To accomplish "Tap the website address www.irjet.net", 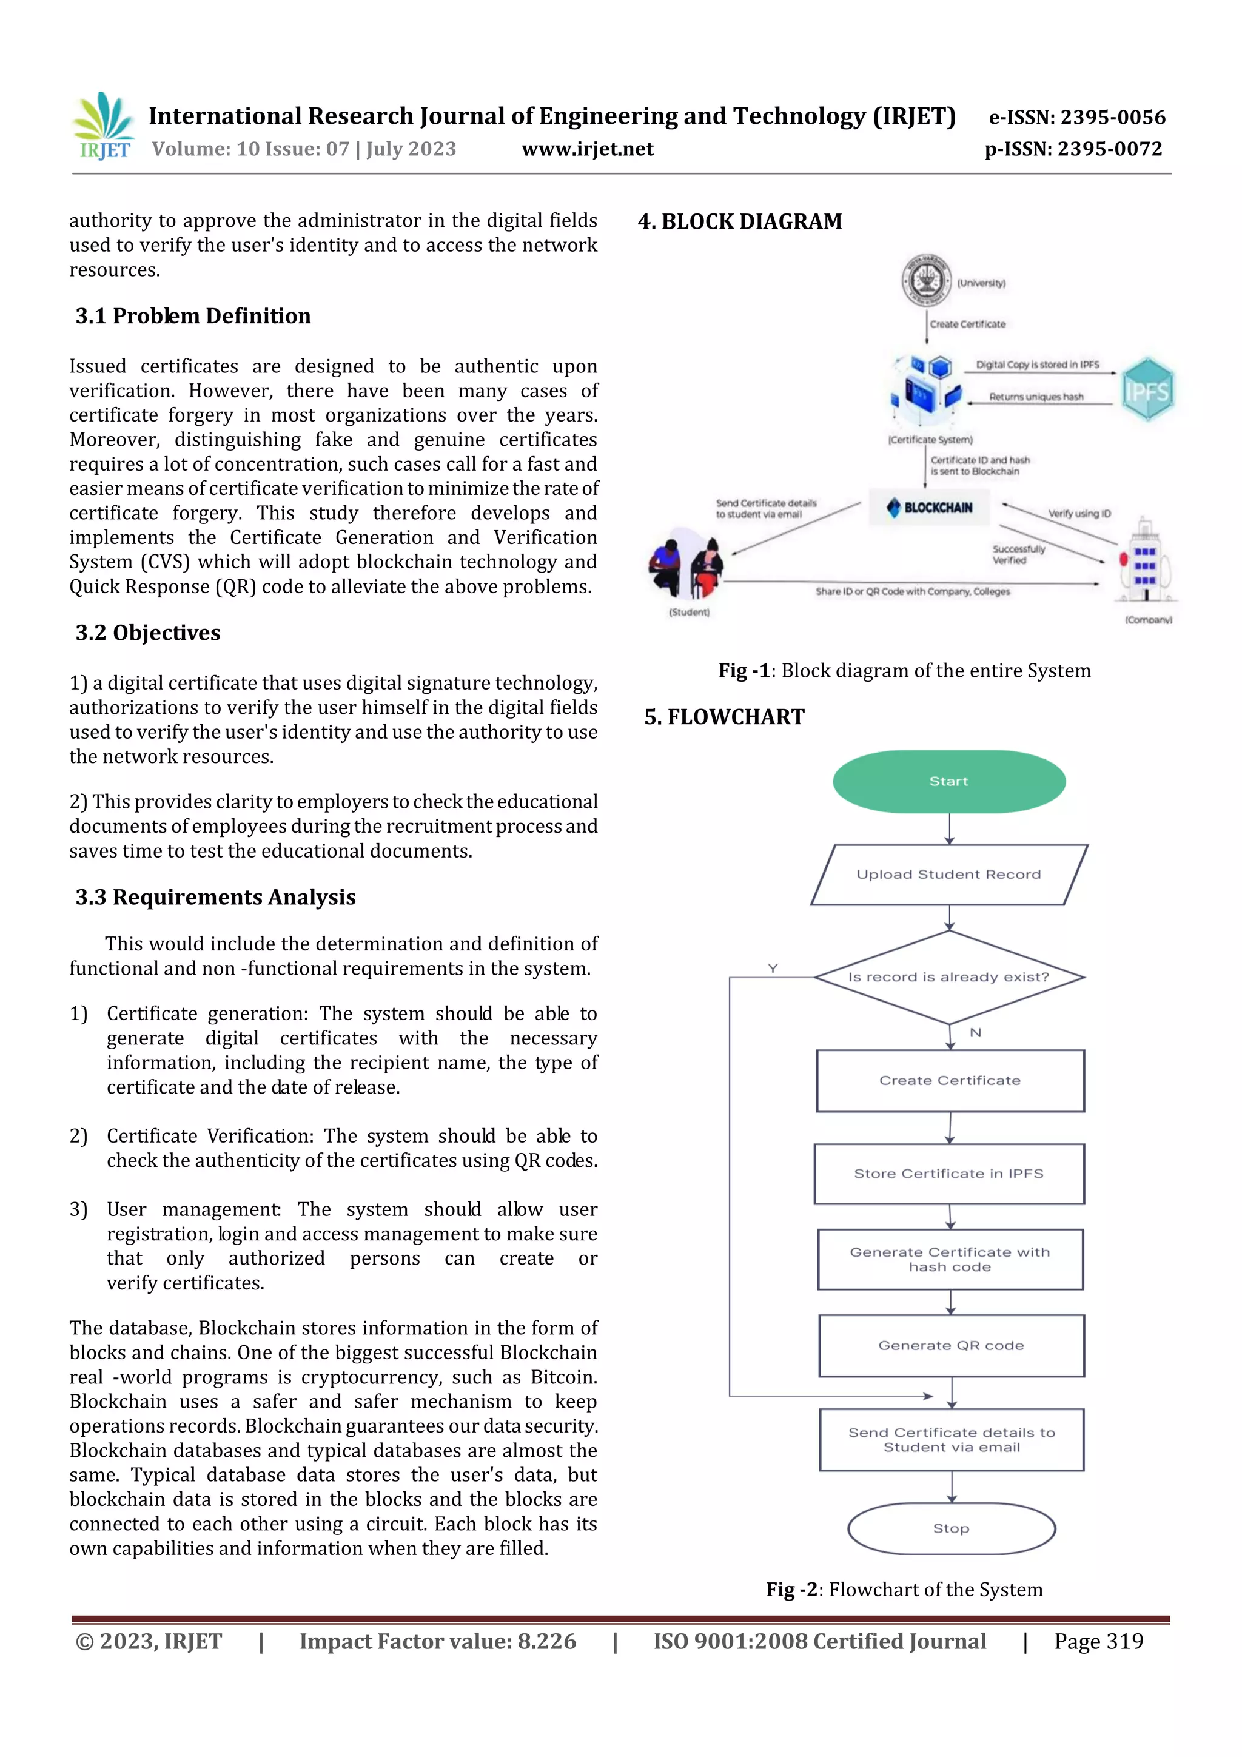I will pyautogui.click(x=587, y=149).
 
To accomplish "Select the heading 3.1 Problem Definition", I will pyautogui.click(x=193, y=316).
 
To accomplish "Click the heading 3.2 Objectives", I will pyautogui.click(x=148, y=633).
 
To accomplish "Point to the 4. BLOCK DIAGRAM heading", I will pyautogui.click(x=739, y=222).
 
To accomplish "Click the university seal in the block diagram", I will pyautogui.click(x=926, y=281).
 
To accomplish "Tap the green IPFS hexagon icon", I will pyautogui.click(x=1147, y=389).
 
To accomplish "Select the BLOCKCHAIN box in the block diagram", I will pyautogui.click(x=930, y=508).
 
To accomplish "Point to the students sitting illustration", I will pyautogui.click(x=685, y=564).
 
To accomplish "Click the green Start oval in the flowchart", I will pyautogui.click(x=949, y=781).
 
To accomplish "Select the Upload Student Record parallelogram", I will pyautogui.click(x=949, y=875).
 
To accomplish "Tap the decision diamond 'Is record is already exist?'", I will pyautogui.click(x=949, y=977).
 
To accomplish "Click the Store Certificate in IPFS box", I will pyautogui.click(x=949, y=1174).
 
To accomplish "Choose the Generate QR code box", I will pyautogui.click(x=951, y=1345).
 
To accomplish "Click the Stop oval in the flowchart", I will pyautogui.click(x=951, y=1528).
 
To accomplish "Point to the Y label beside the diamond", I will pyautogui.click(x=773, y=969).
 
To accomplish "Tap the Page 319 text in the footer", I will pyautogui.click(x=1098, y=1641).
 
